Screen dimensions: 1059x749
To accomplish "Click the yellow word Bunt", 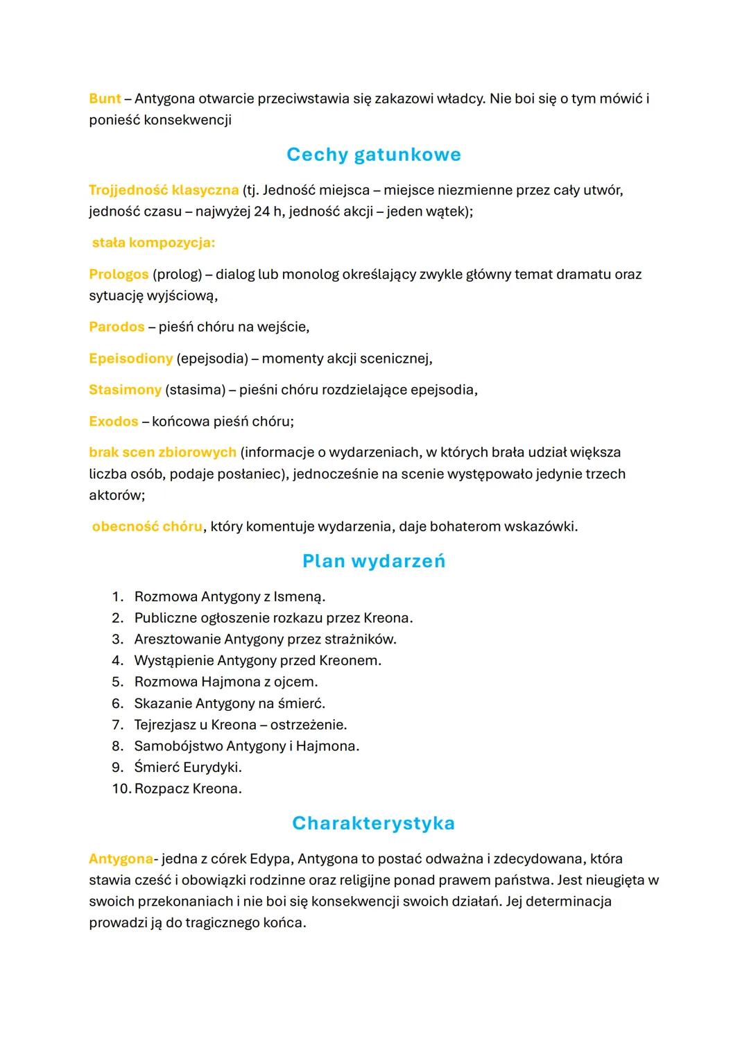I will point(105,98).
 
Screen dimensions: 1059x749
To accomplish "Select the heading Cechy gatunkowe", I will point(374,154).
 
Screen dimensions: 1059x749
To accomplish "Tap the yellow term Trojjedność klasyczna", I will point(164,190).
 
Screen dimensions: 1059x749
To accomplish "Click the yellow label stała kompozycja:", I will point(153,243).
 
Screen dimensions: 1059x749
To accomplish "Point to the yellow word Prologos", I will point(119,274).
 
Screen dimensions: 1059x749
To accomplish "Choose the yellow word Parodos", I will point(117,327).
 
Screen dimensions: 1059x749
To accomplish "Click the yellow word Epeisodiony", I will point(130,359).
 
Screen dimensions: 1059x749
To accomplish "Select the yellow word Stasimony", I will point(125,390).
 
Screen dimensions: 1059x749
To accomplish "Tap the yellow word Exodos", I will point(114,421).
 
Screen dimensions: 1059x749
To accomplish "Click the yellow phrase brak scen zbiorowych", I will point(162,452).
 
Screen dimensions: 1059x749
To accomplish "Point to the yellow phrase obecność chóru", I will point(147,526).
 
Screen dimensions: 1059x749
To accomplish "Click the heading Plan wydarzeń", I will point(374,561).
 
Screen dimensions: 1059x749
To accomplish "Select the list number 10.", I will point(121,789).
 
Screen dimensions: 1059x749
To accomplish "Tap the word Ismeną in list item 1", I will point(299,596).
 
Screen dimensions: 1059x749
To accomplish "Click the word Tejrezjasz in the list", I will point(164,725).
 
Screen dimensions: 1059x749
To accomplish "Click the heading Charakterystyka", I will point(374,823).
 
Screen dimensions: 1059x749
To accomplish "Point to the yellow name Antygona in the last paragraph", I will point(121,859).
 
